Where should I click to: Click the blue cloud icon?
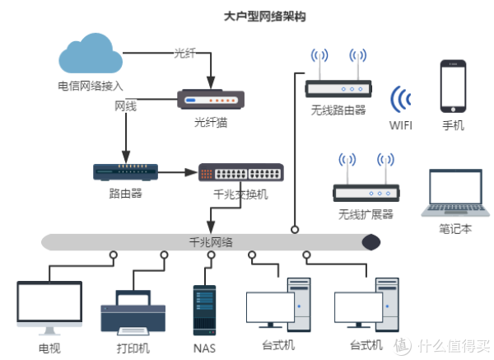pyautogui.click(x=91, y=55)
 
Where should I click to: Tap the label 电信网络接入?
pyautogui.click(x=91, y=85)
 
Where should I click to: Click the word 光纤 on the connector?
pyautogui.click(x=185, y=54)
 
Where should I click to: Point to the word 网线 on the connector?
pyautogui.click(x=125, y=107)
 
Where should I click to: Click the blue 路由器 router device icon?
pyautogui.click(x=125, y=172)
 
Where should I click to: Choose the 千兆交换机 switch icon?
pyautogui.click(x=240, y=173)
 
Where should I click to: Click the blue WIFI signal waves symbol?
pyautogui.click(x=402, y=101)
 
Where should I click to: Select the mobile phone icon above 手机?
pyautogui.click(x=453, y=85)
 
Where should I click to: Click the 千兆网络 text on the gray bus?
pyautogui.click(x=211, y=241)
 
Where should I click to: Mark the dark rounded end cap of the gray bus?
pyautogui.click(x=371, y=241)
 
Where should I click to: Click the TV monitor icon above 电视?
pyautogui.click(x=49, y=306)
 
